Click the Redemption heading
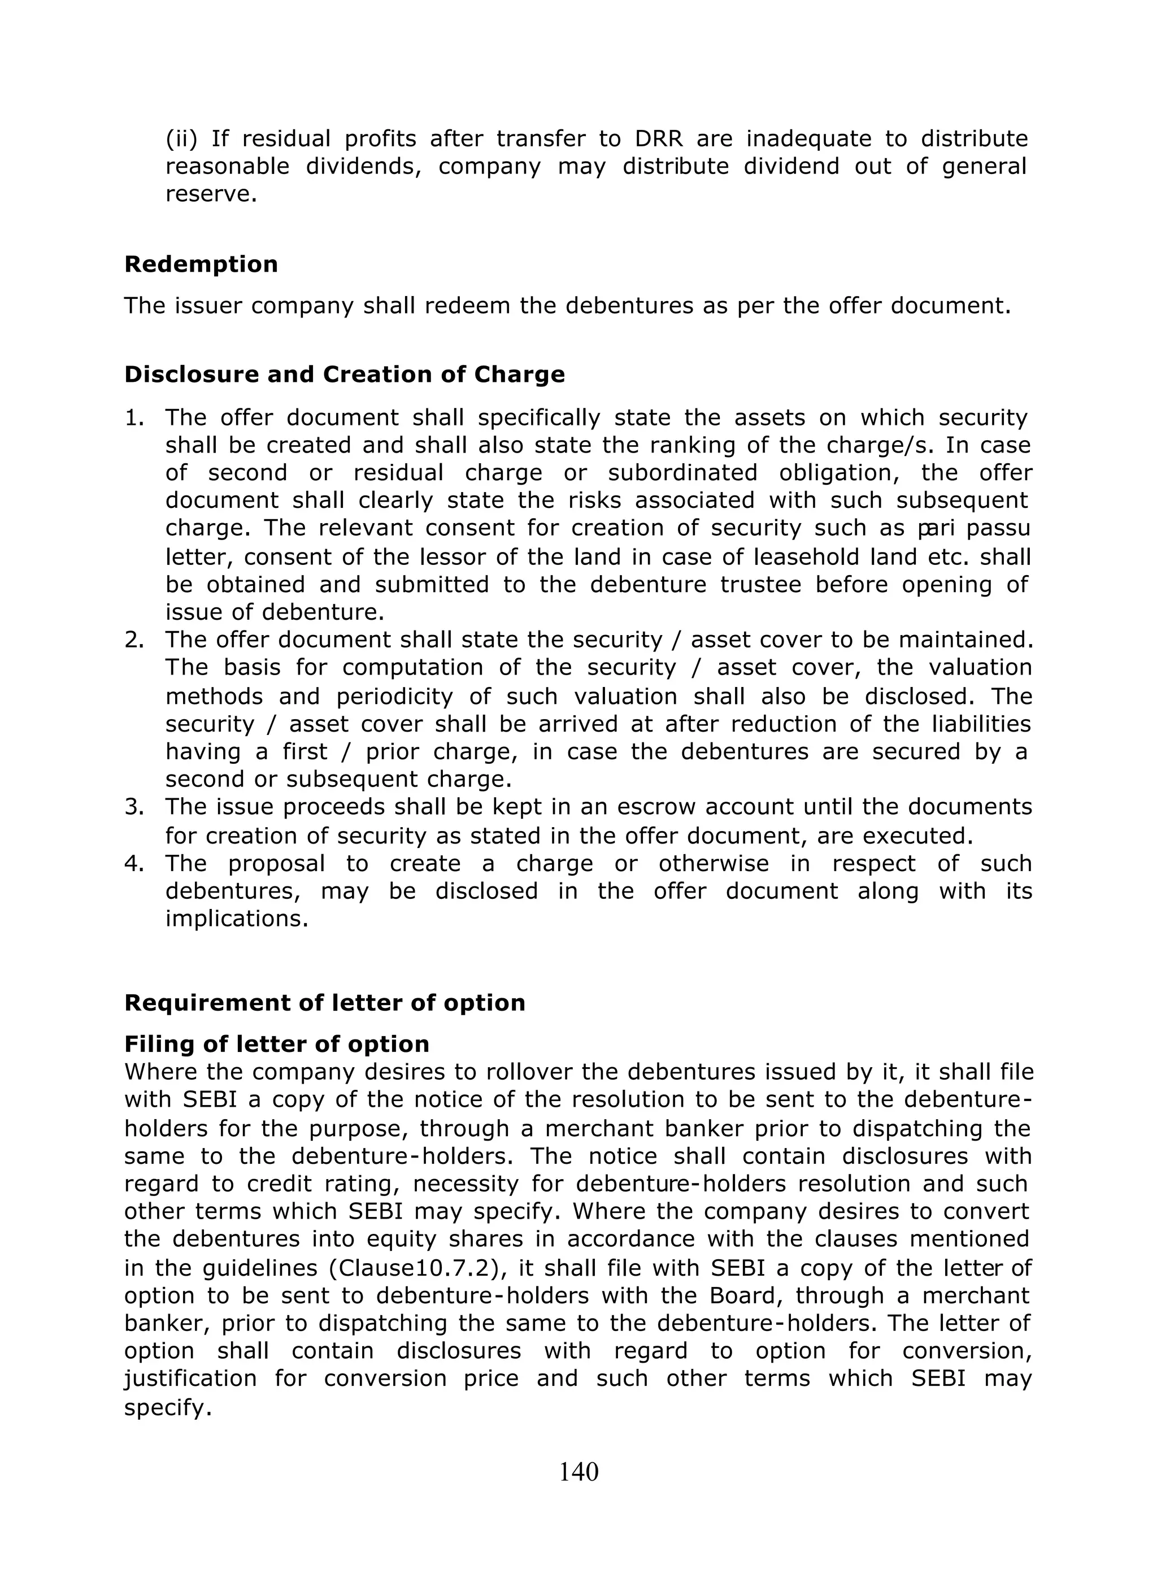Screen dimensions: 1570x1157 pos(201,265)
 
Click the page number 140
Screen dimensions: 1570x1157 pos(578,1473)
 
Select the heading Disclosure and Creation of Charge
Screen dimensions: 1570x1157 pos(344,375)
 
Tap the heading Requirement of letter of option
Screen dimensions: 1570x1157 pos(324,1003)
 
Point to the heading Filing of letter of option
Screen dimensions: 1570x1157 pos(277,1044)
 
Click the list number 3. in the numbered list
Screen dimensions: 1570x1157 pos(134,807)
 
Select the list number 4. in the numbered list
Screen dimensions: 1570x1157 pos(134,863)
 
